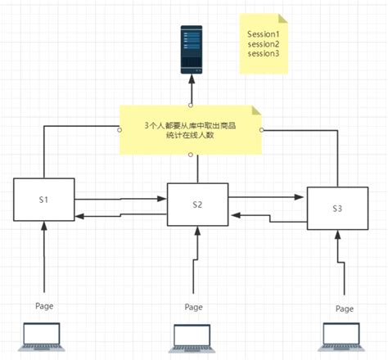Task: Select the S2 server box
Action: pos(197,205)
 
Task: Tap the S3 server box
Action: pos(336,209)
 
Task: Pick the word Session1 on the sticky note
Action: pos(264,34)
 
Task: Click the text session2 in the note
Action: pos(264,43)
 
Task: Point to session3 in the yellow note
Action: pos(264,53)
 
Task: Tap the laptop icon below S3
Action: pos(343,335)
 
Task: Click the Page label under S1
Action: pos(45,304)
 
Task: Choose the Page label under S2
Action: pos(193,308)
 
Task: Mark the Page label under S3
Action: pos(345,308)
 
